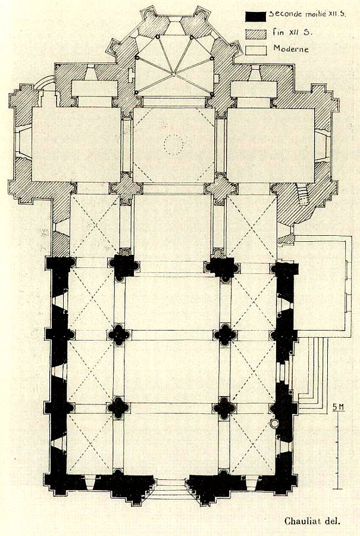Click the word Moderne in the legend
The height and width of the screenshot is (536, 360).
coord(292,49)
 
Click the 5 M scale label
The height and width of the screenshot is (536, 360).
coord(338,407)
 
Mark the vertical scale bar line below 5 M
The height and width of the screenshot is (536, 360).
coord(338,447)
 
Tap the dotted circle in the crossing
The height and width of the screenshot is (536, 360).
coord(174,145)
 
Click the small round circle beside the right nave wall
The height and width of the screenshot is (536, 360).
coord(274,423)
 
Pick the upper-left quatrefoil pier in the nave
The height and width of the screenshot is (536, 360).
coord(119,335)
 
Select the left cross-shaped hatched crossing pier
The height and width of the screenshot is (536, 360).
coord(126,188)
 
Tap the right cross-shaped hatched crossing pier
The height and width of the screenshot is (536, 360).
coord(220,188)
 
